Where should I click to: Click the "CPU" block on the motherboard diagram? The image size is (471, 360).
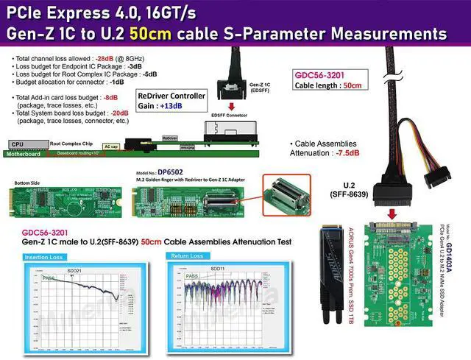click(18, 145)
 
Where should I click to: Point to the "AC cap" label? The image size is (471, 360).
click(111, 147)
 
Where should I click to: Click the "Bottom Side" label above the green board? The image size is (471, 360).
click(27, 182)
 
